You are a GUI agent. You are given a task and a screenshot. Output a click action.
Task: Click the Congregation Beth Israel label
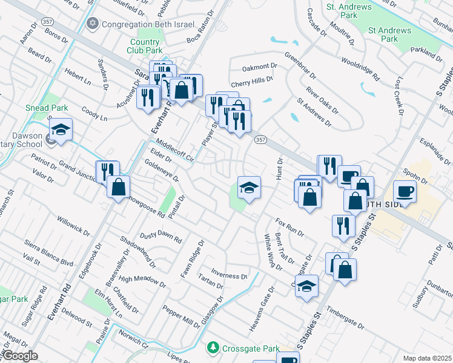pyautogui.click(x=148, y=25)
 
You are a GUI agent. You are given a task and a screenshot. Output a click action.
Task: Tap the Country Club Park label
pyautogui.click(x=145, y=47)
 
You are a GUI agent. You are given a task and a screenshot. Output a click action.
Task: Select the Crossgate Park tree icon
pyautogui.click(x=212, y=348)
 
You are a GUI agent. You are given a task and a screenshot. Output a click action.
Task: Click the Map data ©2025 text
pyautogui.click(x=427, y=358)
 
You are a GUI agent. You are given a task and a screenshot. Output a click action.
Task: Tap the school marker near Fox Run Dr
pyautogui.click(x=249, y=188)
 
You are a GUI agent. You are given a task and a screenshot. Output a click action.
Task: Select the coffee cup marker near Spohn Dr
pyautogui.click(x=405, y=191)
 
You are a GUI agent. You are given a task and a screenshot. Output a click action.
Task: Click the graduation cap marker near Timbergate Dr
pyautogui.click(x=307, y=285)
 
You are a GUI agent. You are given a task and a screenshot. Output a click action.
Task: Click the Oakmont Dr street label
pyautogui.click(x=259, y=67)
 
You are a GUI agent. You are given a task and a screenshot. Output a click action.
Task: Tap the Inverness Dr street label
pyautogui.click(x=229, y=276)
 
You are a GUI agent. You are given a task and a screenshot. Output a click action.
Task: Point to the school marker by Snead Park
pyautogui.click(x=61, y=129)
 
